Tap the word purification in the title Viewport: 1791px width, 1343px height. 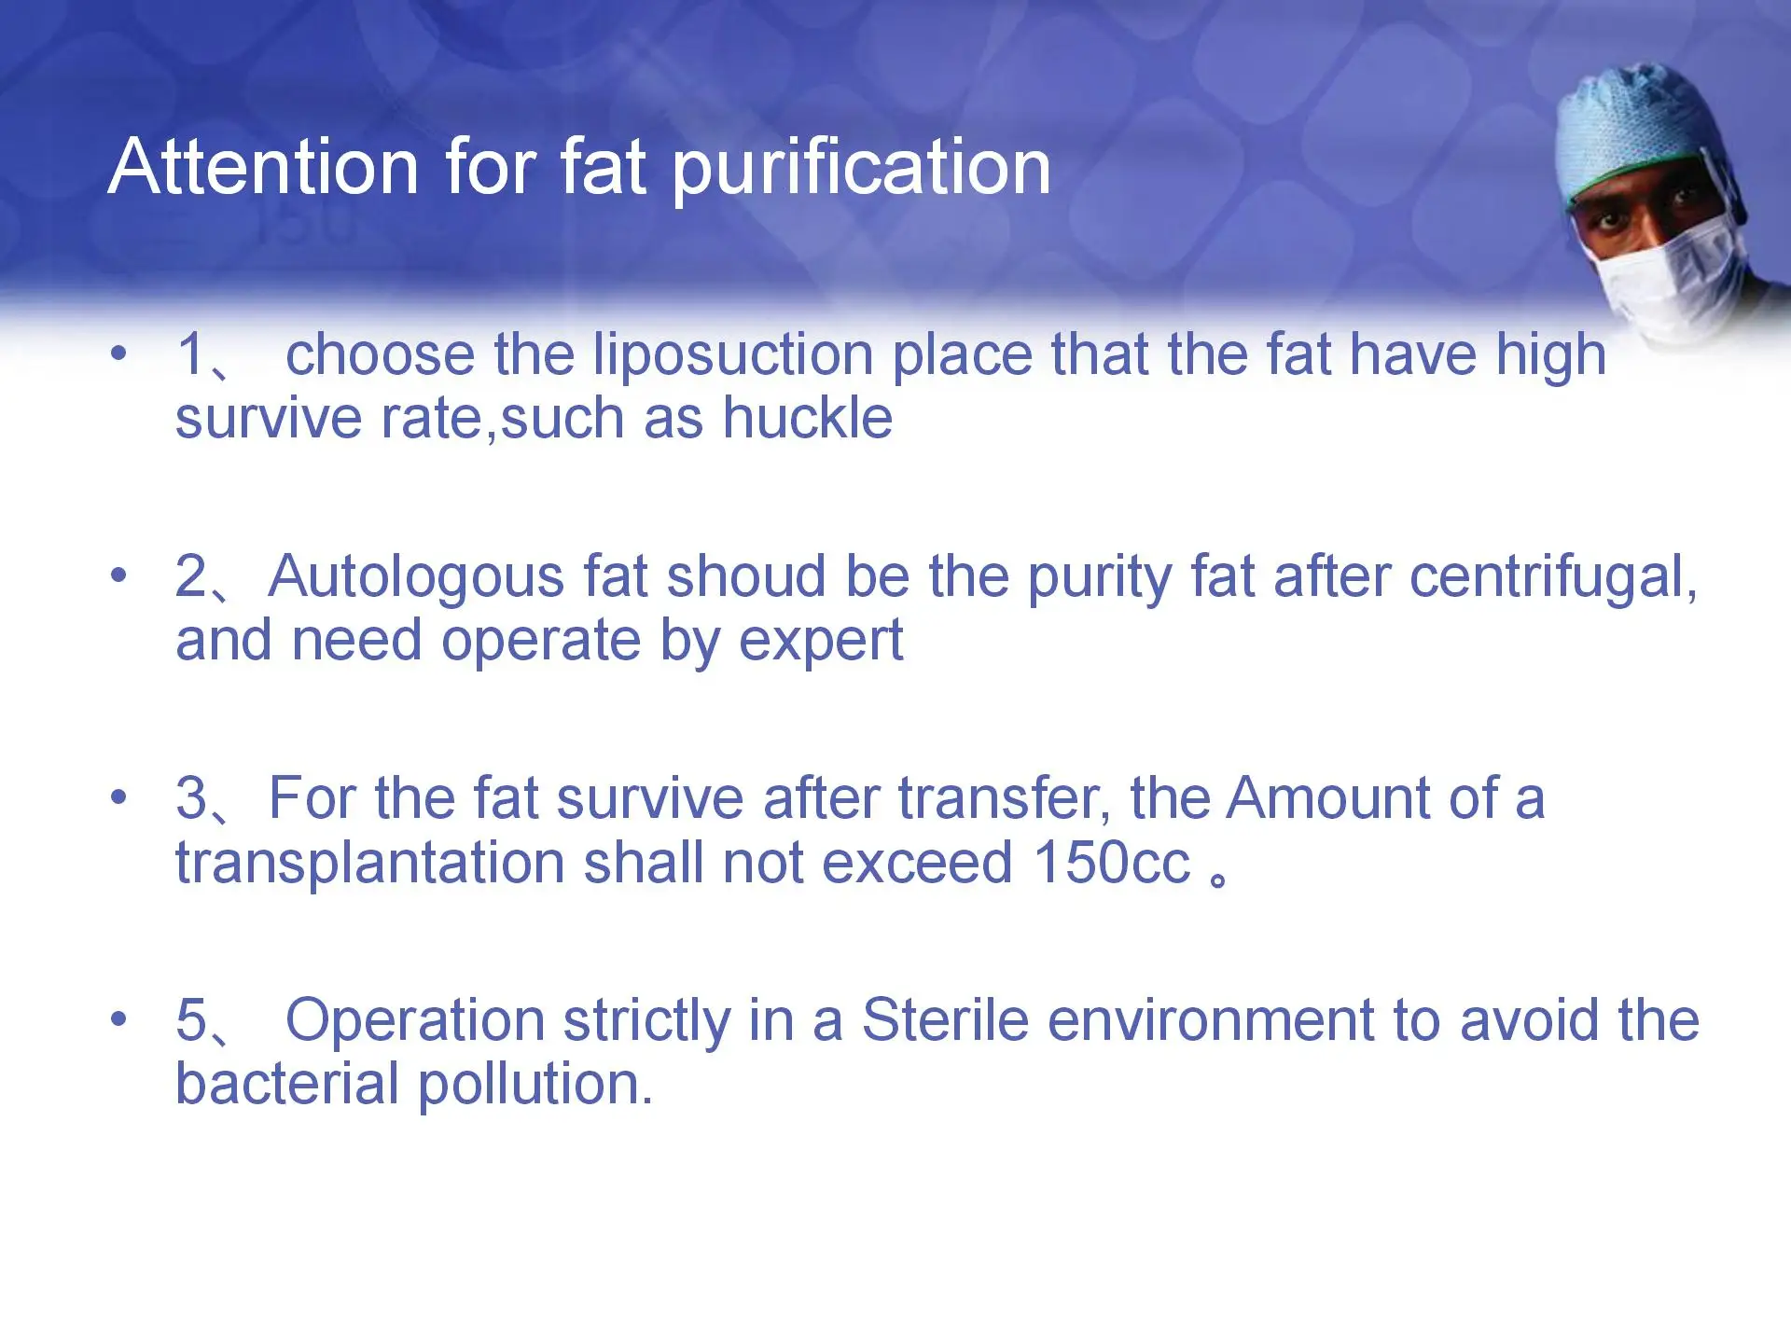tap(862, 171)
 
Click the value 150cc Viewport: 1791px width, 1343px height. tap(1112, 863)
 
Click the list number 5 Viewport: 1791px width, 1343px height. tap(191, 1020)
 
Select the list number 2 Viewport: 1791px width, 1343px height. tap(191, 575)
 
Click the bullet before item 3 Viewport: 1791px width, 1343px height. tap(118, 798)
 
